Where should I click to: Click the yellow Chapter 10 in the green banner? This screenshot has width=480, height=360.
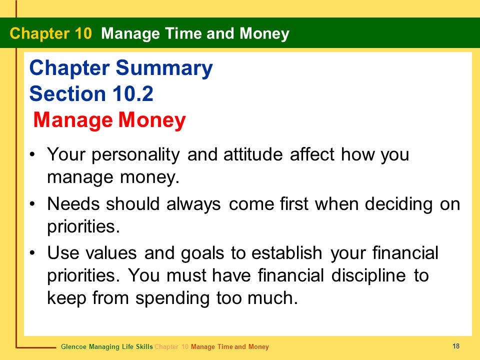(50, 33)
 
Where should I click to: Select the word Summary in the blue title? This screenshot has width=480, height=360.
(164, 68)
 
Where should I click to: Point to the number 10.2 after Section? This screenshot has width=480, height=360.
(133, 93)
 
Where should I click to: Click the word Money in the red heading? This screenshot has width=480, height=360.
(152, 120)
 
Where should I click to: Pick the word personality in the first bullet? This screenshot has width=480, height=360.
(135, 155)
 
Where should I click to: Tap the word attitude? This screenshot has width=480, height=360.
(253, 154)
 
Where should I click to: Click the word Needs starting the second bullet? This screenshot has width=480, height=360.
(73, 203)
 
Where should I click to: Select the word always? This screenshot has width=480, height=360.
(193, 204)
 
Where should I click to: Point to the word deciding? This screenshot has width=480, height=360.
(398, 204)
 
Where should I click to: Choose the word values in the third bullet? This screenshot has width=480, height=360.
(111, 253)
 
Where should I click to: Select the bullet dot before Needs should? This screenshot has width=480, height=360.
(32, 203)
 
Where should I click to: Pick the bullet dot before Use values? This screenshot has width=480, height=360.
(32, 253)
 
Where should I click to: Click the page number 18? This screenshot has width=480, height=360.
(456, 346)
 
